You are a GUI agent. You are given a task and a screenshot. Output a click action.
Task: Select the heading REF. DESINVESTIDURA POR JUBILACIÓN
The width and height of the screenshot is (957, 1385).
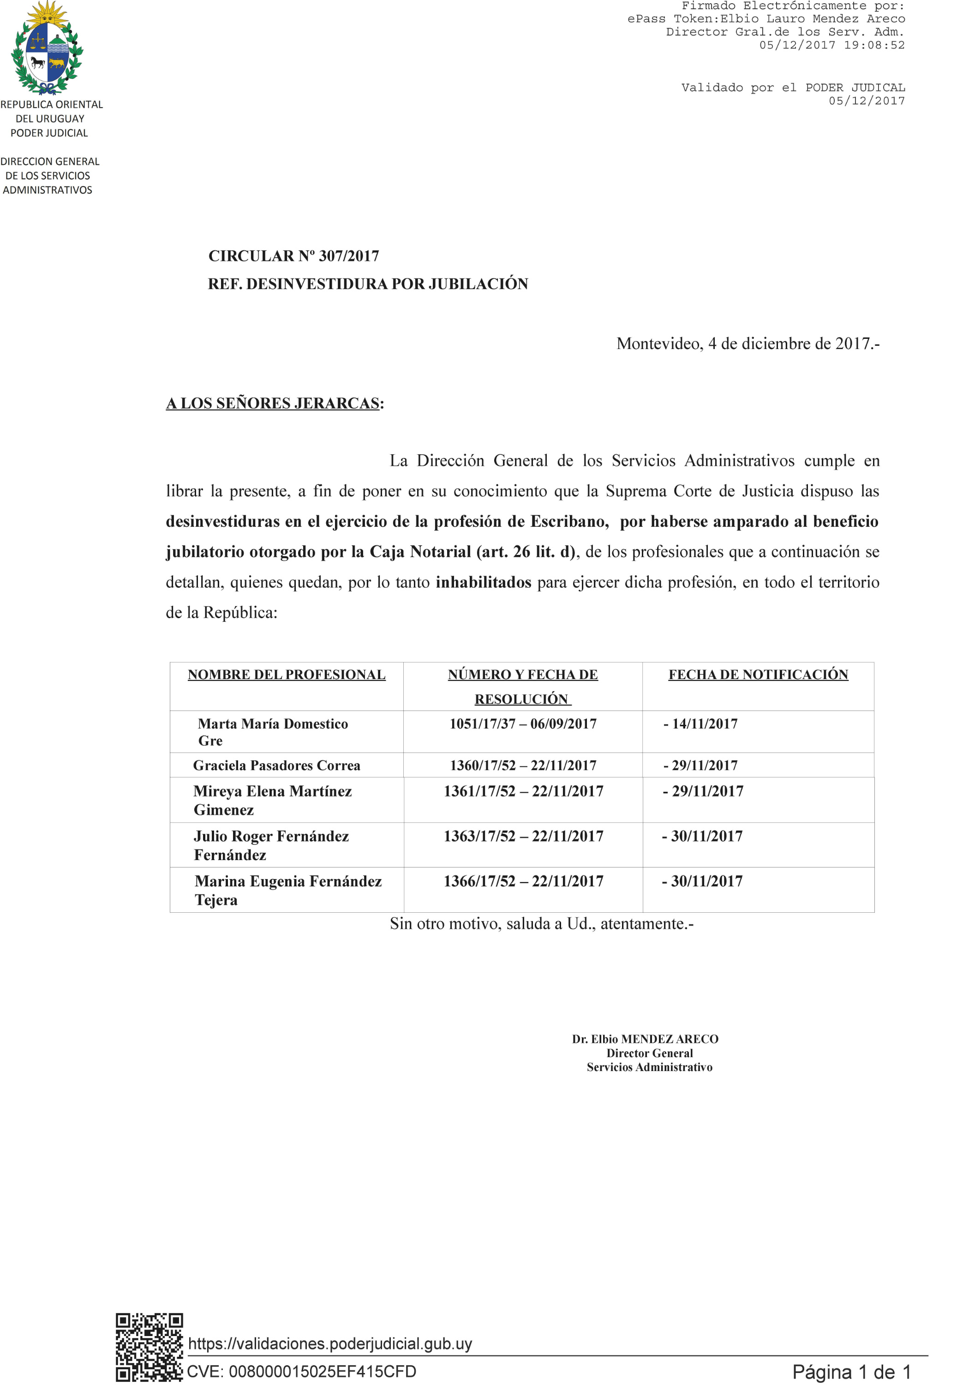368,284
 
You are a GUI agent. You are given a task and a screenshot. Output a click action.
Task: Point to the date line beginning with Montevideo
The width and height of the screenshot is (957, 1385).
747,343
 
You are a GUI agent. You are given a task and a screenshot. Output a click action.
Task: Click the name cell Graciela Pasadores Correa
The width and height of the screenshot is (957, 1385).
276,765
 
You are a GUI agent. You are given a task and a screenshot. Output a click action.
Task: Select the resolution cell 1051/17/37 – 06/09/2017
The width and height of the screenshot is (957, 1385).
523,723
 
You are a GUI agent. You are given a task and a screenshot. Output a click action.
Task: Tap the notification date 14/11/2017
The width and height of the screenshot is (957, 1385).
705,723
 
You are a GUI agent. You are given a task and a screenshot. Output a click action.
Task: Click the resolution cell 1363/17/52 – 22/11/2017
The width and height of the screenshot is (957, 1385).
523,836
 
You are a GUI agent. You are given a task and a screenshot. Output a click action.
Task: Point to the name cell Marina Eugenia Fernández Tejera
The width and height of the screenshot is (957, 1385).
288,890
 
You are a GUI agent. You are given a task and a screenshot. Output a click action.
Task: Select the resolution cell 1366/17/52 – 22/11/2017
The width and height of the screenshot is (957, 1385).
523,881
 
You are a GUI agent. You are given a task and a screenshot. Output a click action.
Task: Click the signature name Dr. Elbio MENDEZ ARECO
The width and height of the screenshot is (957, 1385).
645,1039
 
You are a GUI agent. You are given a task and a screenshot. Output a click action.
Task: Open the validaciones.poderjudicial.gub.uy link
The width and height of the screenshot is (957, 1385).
330,1343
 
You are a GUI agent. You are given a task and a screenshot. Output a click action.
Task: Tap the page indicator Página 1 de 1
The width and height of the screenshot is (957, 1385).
851,1372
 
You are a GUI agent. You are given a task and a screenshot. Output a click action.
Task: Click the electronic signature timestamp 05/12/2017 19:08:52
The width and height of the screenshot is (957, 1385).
831,45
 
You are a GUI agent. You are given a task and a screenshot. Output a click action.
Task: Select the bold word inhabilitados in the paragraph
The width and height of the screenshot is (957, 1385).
483,582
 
